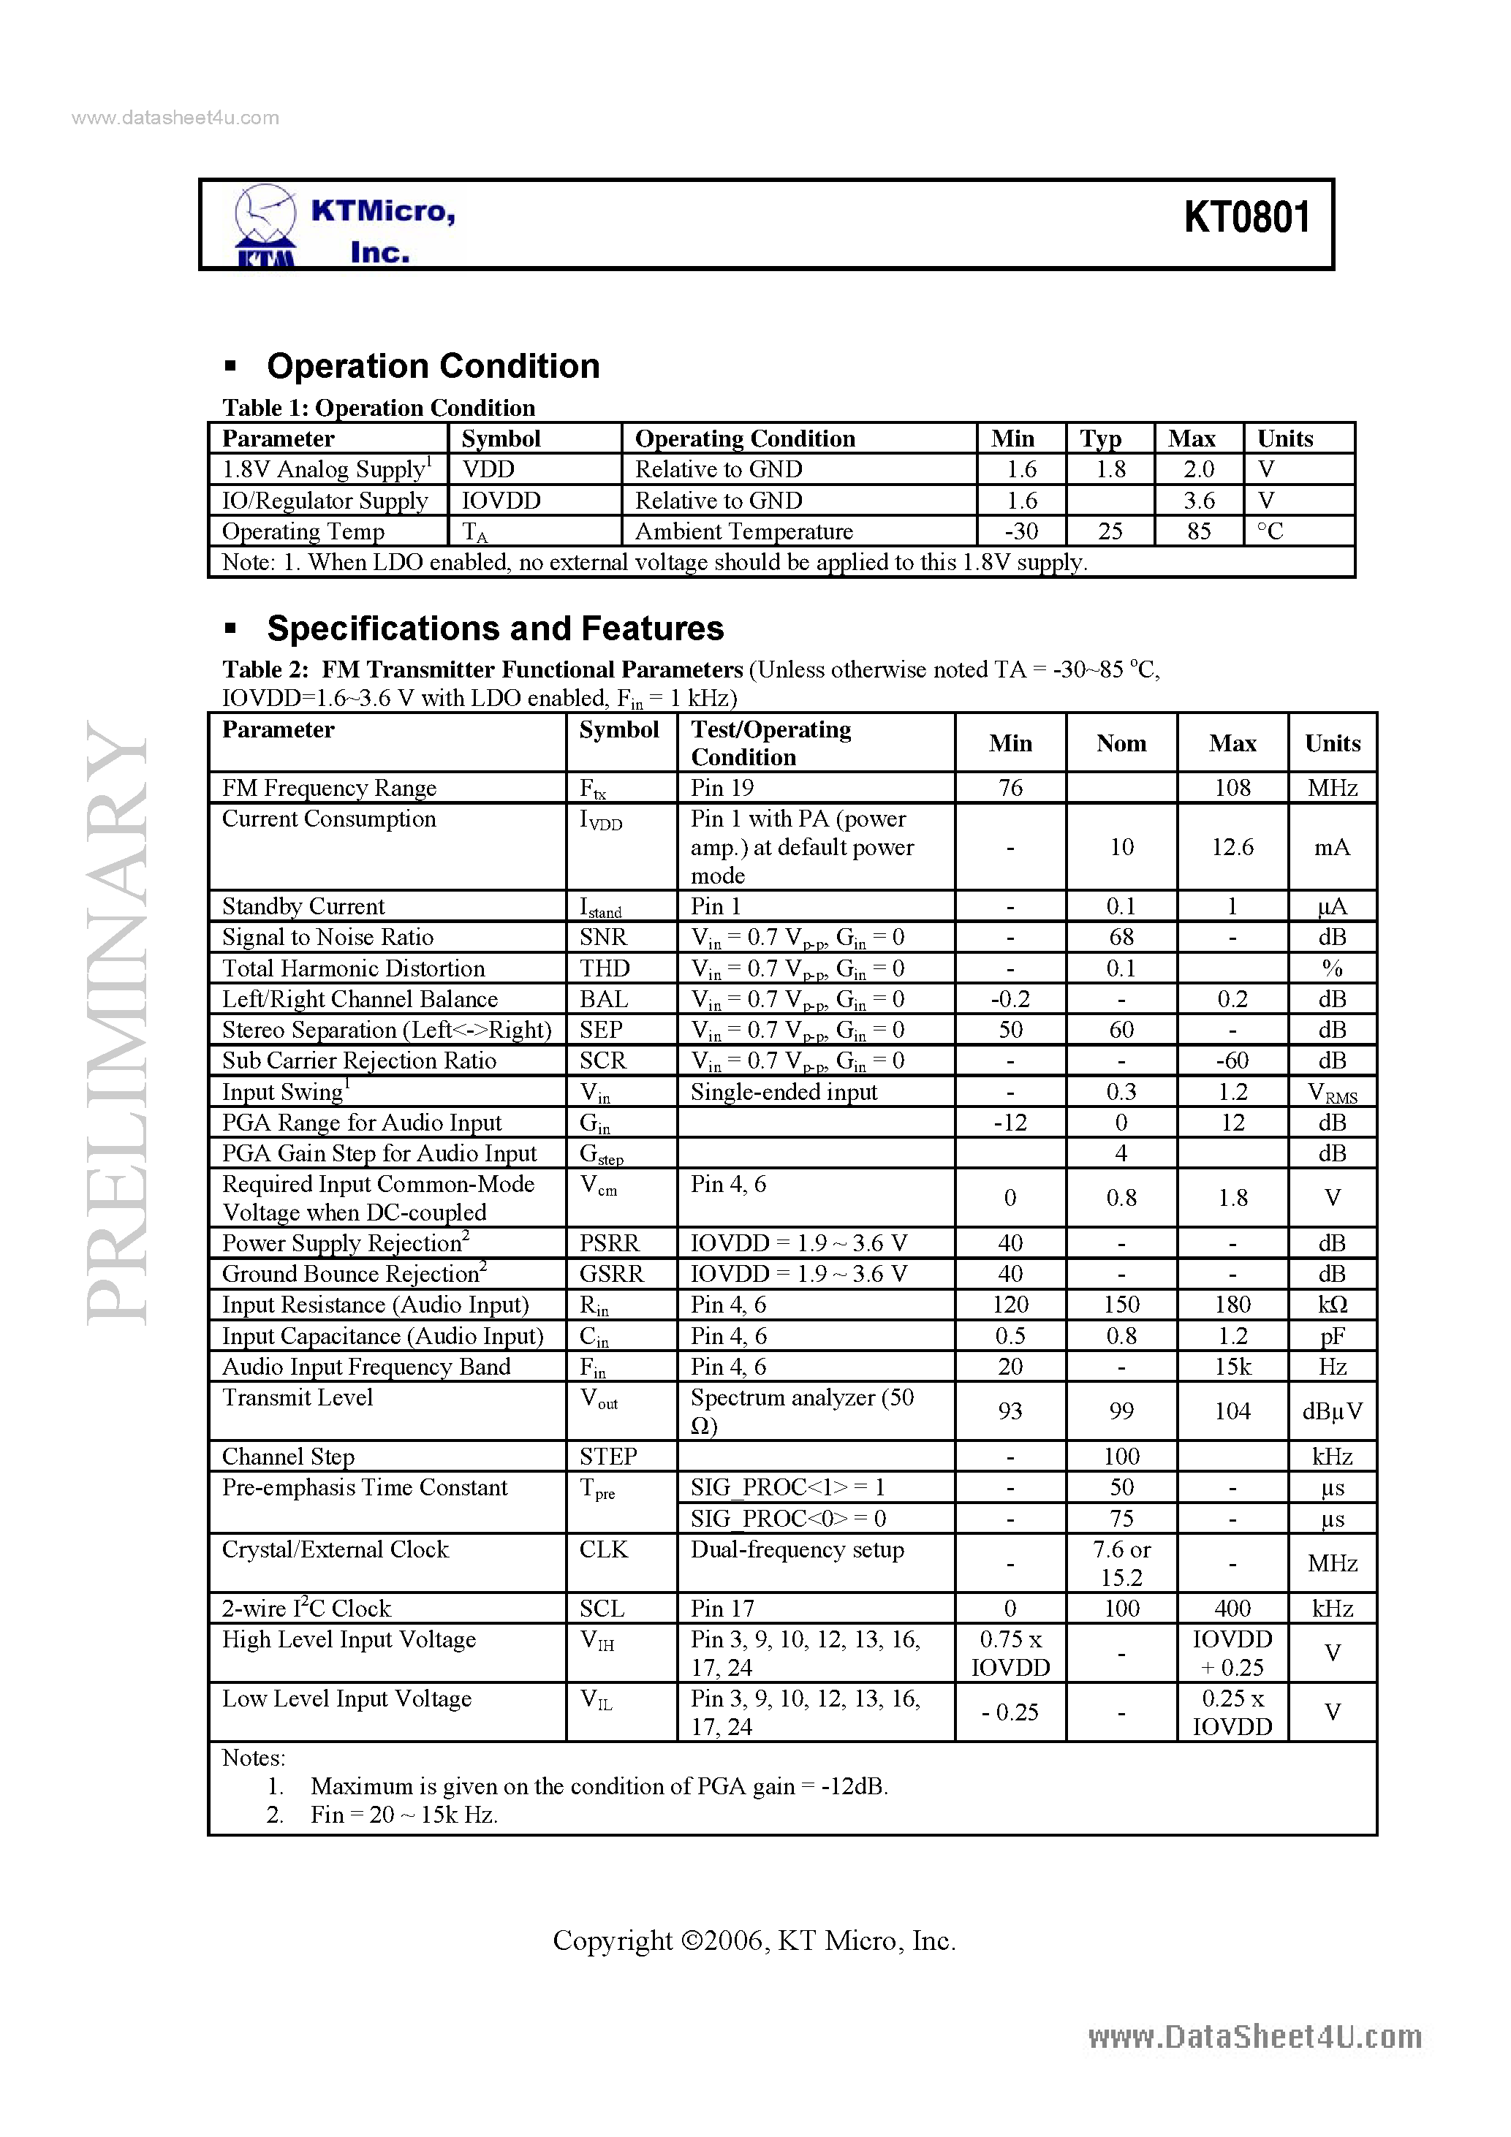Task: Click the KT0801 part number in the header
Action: pos(1246,218)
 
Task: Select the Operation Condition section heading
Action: pos(433,365)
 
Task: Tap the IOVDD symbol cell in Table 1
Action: pos(501,501)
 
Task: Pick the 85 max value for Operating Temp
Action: pos(1198,531)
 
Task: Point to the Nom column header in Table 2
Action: pos(1121,743)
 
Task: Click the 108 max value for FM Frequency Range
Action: pos(1232,789)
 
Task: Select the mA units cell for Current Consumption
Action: pos(1331,847)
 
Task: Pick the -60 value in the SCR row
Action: pos(1232,1061)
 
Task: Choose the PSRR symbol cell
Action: pos(609,1243)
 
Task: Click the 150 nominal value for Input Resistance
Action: pos(1121,1305)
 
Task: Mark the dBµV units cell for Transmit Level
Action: pos(1331,1411)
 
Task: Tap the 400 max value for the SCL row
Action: pos(1232,1609)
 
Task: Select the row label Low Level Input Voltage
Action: pos(346,1698)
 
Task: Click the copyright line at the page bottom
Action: pos(754,1940)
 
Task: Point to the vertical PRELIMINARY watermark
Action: pos(116,1024)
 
